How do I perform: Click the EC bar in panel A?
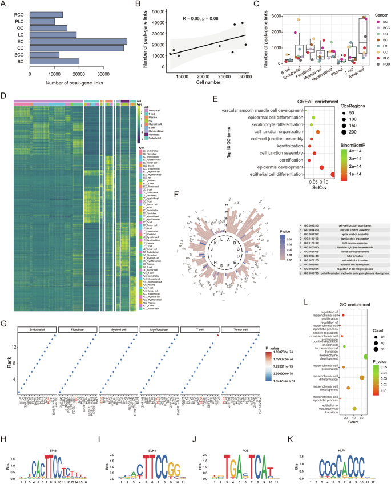tap(78, 41)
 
